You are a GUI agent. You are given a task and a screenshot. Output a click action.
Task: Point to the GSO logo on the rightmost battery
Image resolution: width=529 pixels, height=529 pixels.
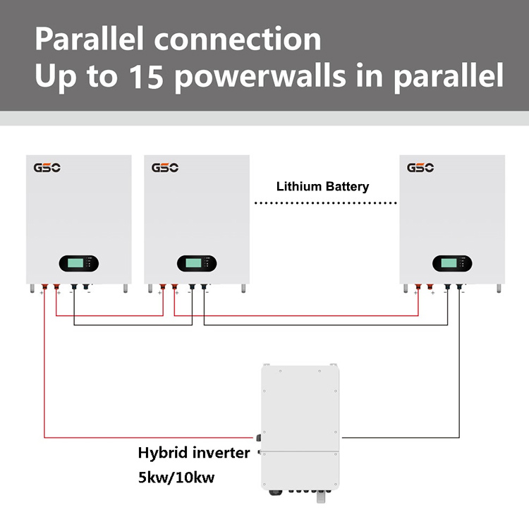[x=420, y=168]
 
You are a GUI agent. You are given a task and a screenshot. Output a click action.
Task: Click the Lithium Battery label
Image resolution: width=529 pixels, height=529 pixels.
[x=322, y=187]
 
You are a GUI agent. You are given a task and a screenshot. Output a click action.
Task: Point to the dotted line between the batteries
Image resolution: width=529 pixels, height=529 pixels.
[x=324, y=203]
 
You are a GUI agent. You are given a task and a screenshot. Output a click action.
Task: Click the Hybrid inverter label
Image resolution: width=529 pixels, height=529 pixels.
[x=193, y=453]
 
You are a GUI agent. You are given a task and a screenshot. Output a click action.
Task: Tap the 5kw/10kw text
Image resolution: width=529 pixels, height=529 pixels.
[x=176, y=478]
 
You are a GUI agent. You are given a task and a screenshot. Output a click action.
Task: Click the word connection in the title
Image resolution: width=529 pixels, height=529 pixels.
[x=238, y=39]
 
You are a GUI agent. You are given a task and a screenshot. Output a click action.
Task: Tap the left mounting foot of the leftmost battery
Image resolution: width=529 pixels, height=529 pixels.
[x=32, y=288]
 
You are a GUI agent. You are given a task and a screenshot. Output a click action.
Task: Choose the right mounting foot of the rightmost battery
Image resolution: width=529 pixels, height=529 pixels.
[x=499, y=288]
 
